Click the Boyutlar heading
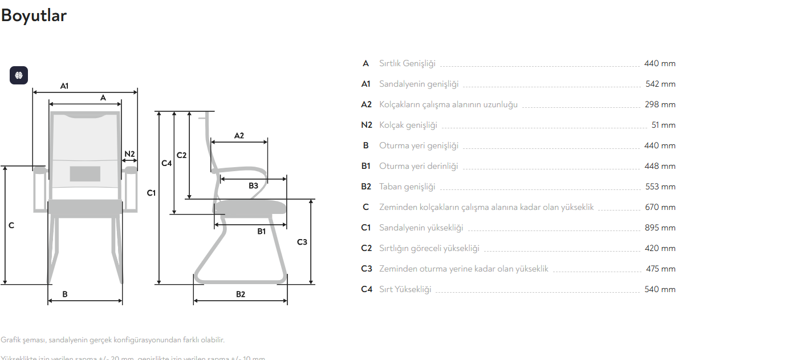[34, 15]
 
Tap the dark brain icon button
[19, 75]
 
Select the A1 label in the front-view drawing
[64, 86]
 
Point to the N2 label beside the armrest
[129, 154]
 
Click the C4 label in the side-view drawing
[166, 163]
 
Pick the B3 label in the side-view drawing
[253, 185]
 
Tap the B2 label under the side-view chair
[241, 294]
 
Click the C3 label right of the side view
[302, 242]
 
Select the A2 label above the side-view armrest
[239, 136]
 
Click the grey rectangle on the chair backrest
[85, 173]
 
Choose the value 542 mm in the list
[660, 84]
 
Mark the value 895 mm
[660, 228]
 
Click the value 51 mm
[663, 125]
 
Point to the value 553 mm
[660, 187]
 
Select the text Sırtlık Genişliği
[407, 63]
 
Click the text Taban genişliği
[407, 187]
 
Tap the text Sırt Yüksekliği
[405, 289]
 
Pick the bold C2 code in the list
[366, 248]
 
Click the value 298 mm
[660, 104]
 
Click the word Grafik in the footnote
[10, 340]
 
